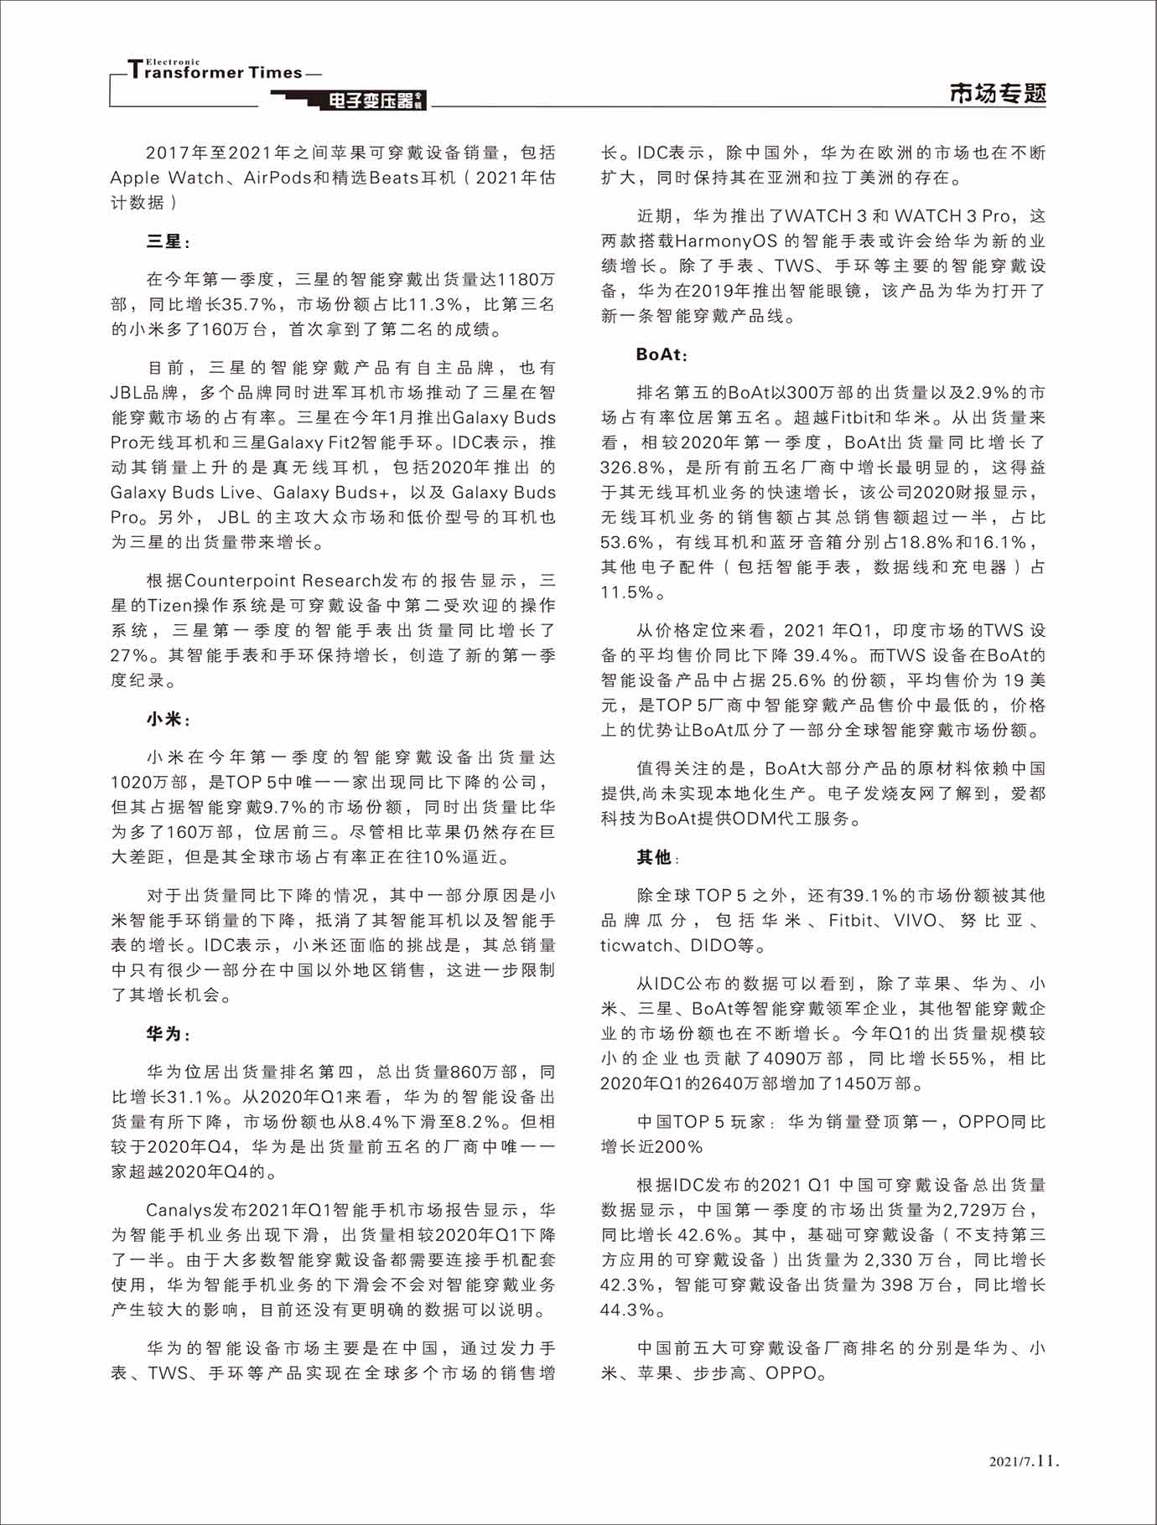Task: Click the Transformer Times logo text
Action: [x=215, y=70]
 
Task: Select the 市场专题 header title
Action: [x=998, y=92]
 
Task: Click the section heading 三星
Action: [x=164, y=241]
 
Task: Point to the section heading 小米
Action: [x=164, y=719]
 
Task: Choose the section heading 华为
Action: [x=164, y=1034]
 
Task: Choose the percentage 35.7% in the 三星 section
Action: [x=248, y=304]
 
